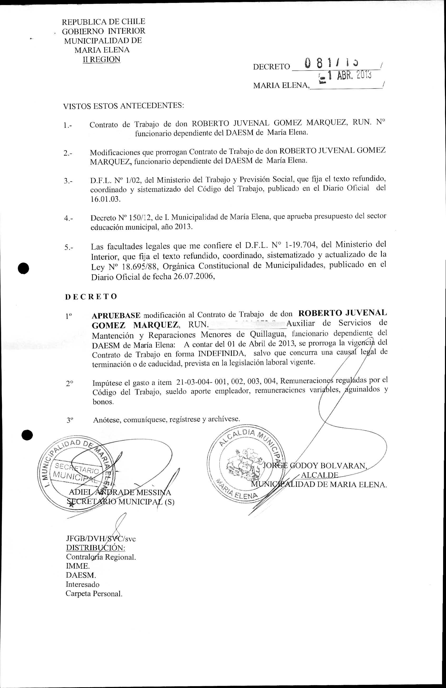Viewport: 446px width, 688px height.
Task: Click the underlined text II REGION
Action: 101,60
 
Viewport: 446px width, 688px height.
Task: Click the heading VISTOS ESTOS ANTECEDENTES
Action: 124,106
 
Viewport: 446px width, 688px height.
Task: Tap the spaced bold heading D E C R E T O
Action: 91,297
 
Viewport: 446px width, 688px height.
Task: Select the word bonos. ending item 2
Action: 103,402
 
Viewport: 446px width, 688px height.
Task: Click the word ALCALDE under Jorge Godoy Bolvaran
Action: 319,475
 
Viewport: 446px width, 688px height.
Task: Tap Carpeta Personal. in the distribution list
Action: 94,594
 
